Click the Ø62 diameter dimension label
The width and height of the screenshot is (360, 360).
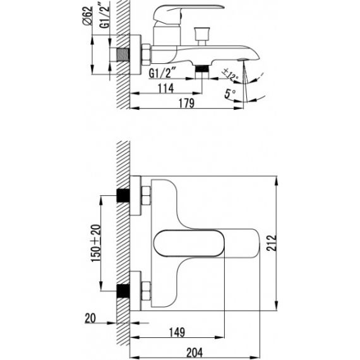[x=88, y=16]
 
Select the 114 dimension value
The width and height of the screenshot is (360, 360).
[x=165, y=88]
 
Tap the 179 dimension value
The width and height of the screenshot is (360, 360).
[x=186, y=103]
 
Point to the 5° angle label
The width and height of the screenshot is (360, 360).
[x=230, y=93]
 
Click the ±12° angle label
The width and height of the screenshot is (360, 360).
[x=230, y=75]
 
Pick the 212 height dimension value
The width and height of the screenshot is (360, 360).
[x=272, y=243]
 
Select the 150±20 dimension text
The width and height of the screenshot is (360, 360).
[x=96, y=243]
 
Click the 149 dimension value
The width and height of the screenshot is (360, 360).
[x=177, y=332]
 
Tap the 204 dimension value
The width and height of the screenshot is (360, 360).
[x=195, y=352]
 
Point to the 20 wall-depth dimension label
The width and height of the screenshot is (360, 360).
[x=90, y=318]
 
